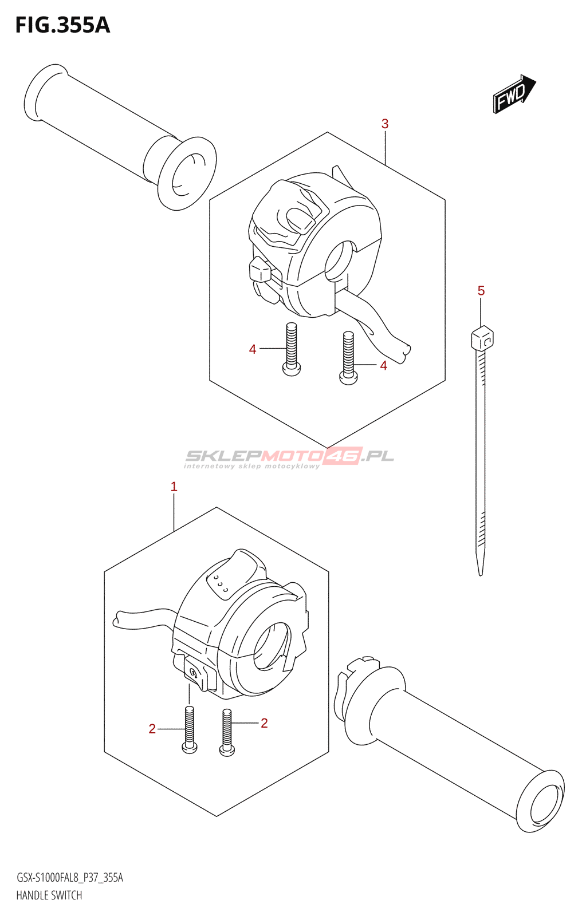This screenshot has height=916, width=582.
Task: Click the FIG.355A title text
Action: pyautogui.click(x=62, y=25)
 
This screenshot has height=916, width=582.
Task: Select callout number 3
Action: pyautogui.click(x=385, y=124)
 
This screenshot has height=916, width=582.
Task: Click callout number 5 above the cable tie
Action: pyautogui.click(x=481, y=291)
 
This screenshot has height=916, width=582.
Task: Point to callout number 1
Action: pyautogui.click(x=174, y=487)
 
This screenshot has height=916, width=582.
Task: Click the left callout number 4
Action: pyautogui.click(x=253, y=349)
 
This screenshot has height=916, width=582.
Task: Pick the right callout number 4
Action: pyautogui.click(x=383, y=365)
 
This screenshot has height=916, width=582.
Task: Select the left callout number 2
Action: pyautogui.click(x=152, y=729)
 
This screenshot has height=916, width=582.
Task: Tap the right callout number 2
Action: pyautogui.click(x=264, y=723)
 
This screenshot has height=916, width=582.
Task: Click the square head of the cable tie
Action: pyautogui.click(x=482, y=338)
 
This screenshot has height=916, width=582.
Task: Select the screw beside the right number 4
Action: pyautogui.click(x=348, y=358)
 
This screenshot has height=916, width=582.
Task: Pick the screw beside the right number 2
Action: pyautogui.click(x=227, y=733)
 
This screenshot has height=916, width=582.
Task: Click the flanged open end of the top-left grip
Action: pyautogui.click(x=187, y=173)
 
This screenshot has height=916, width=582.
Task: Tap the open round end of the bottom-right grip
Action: pyautogui.click(x=541, y=800)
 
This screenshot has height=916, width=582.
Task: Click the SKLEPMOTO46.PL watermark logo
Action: pyautogui.click(x=289, y=457)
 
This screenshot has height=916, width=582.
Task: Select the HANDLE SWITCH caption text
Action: pyautogui.click(x=49, y=895)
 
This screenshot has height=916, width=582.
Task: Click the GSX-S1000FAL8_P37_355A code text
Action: pyautogui.click(x=70, y=878)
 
